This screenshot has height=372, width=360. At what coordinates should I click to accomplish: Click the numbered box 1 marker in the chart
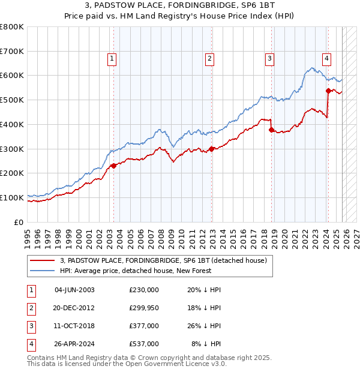point(112,58)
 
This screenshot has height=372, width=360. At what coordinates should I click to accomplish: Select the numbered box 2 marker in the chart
point(209,58)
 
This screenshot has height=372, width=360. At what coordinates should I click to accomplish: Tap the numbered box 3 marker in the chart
point(270,58)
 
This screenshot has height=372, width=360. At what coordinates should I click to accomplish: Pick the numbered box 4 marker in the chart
point(326,58)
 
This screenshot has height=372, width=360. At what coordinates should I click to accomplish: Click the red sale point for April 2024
point(328,91)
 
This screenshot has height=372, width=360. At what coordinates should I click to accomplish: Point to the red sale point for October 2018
point(272,130)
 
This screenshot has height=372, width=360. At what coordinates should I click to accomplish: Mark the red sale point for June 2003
point(113,166)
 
